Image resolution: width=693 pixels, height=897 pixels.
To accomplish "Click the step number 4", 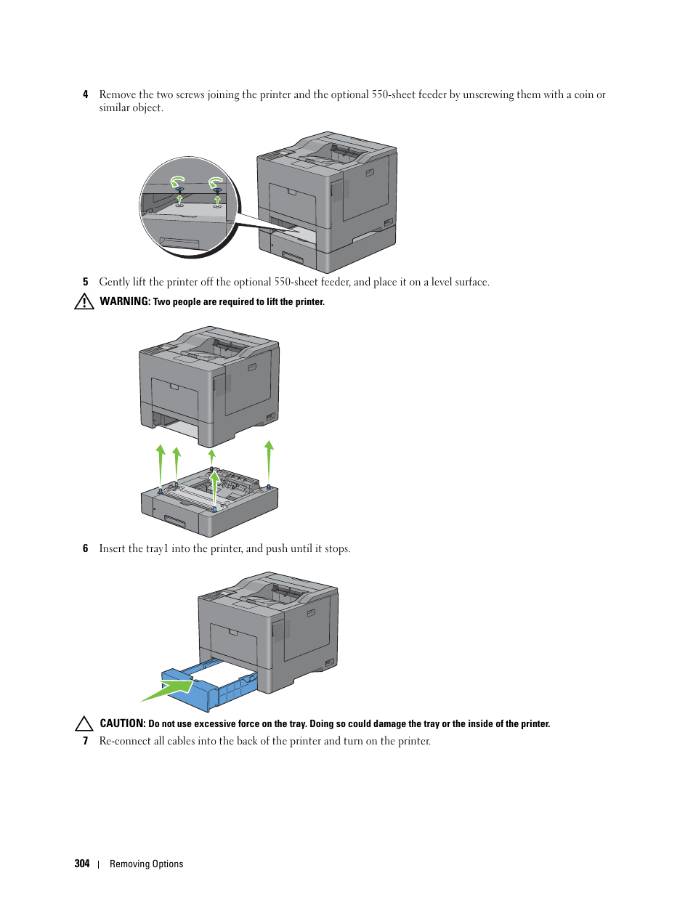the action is (x=86, y=94).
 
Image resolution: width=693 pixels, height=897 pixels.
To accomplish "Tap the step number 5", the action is (x=86, y=282).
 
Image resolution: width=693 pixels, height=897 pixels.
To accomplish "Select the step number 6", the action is (x=86, y=548).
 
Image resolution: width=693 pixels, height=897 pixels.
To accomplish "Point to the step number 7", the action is (x=86, y=741).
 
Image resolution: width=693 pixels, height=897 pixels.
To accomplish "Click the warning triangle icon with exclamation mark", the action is (x=84, y=301).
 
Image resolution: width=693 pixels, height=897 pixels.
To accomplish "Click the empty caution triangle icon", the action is (x=84, y=723).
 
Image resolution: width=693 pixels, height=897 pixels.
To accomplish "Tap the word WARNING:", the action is (x=125, y=301).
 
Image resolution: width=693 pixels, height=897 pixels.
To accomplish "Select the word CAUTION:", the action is (x=123, y=723).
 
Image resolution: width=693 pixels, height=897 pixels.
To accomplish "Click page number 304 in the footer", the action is (x=82, y=864).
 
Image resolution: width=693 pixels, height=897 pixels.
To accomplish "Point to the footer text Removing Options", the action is (x=146, y=864).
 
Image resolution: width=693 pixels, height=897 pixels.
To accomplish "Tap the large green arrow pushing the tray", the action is (x=167, y=690).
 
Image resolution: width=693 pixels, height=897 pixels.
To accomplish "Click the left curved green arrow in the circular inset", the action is (x=178, y=182).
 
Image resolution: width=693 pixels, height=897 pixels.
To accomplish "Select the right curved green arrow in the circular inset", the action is (x=216, y=182).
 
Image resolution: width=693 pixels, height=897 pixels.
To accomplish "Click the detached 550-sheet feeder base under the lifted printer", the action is (x=210, y=502).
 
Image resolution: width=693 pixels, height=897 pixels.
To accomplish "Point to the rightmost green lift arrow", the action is (x=269, y=463).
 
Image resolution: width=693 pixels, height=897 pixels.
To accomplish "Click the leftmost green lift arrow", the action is (x=161, y=466).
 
